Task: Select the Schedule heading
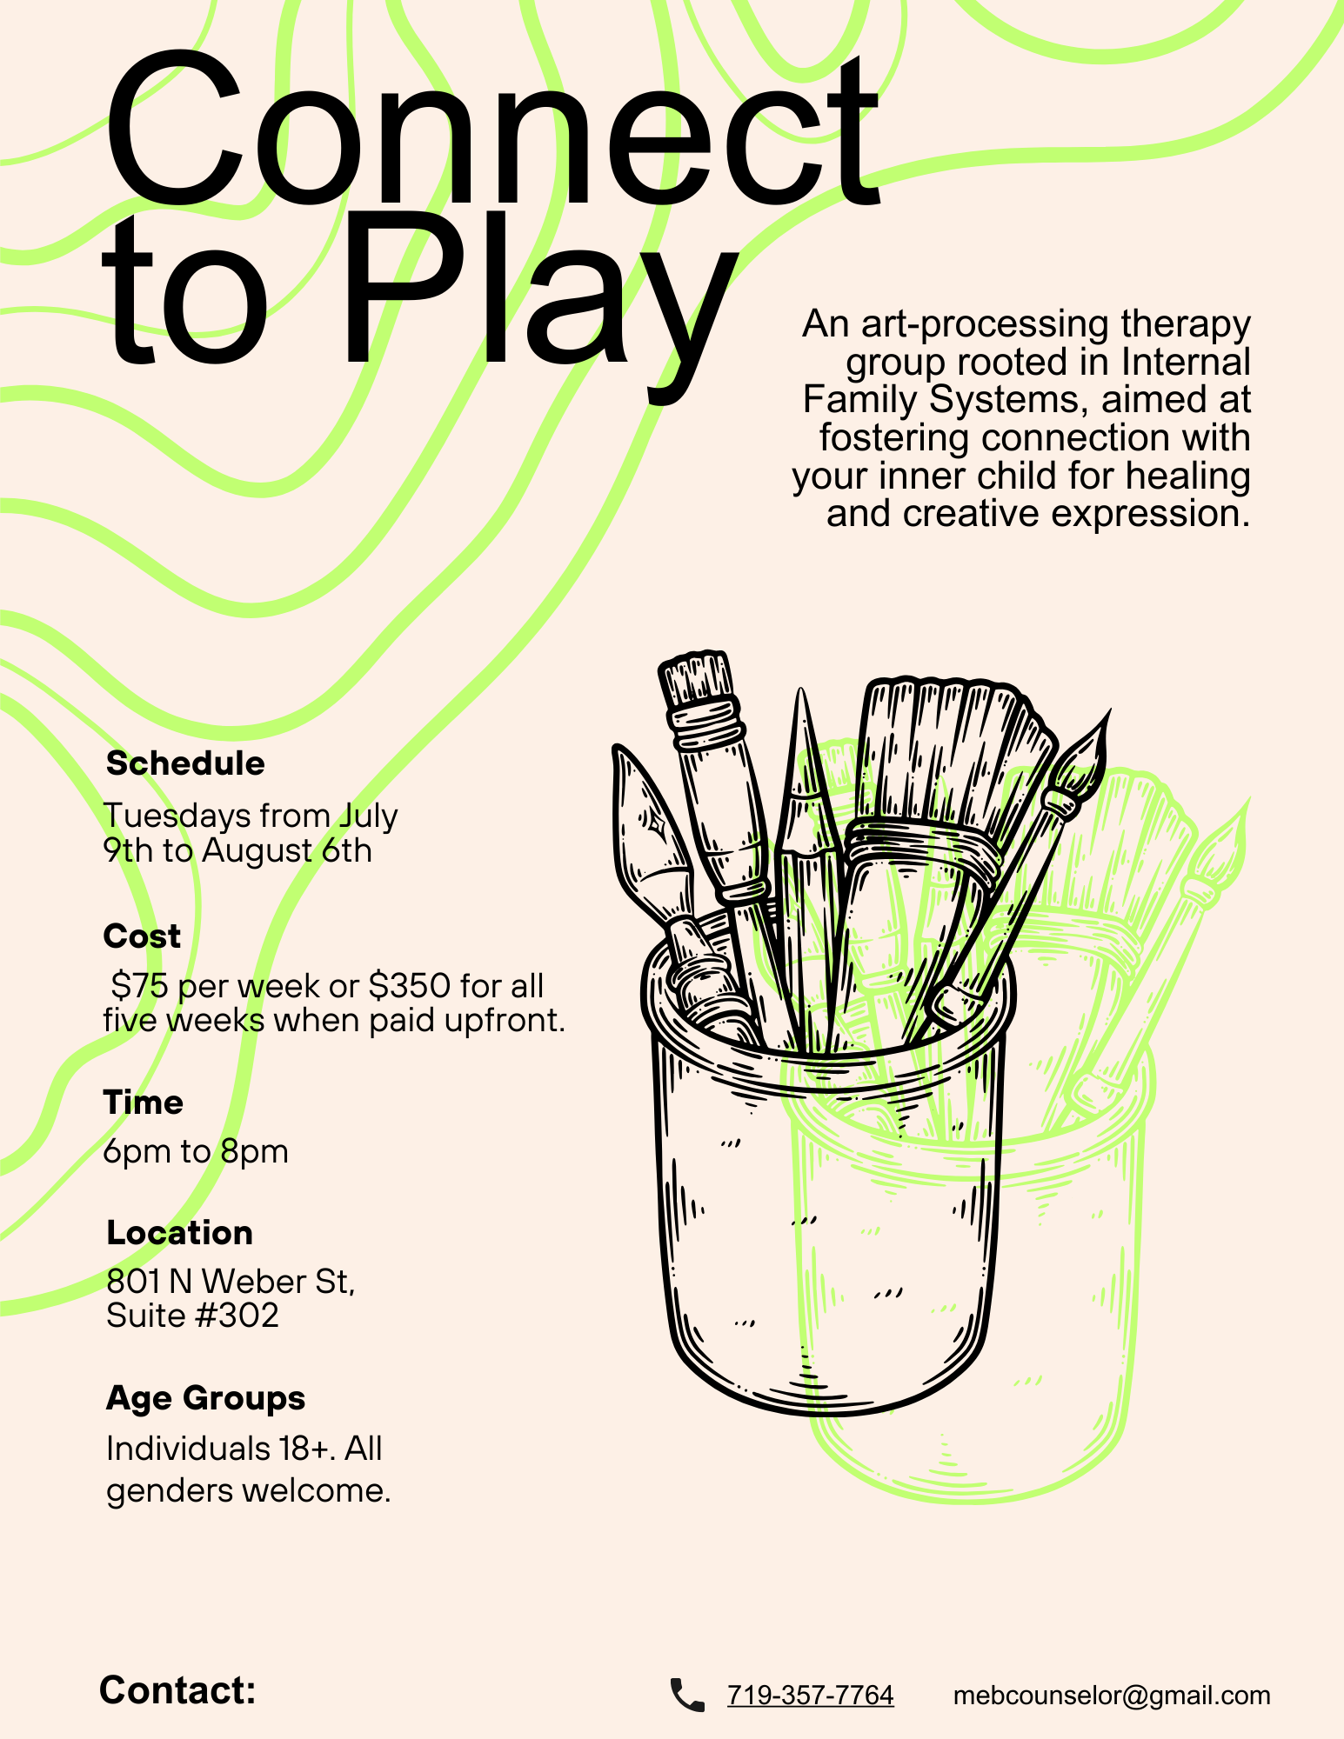click(x=185, y=763)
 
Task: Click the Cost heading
click(x=142, y=936)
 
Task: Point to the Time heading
click(x=144, y=1103)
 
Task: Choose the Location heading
click(x=179, y=1233)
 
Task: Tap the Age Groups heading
click(x=206, y=1399)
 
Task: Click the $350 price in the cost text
click(x=410, y=986)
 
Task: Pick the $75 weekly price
click(x=139, y=986)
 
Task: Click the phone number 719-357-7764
click(x=811, y=1696)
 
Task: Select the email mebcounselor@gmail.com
click(x=1112, y=1696)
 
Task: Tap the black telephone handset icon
click(x=687, y=1696)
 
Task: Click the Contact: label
click(x=177, y=1690)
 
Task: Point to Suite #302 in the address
click(x=192, y=1316)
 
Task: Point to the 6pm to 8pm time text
click(x=196, y=1152)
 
